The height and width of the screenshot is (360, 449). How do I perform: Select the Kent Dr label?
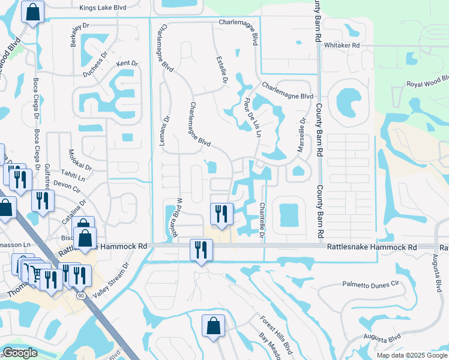[x=127, y=63]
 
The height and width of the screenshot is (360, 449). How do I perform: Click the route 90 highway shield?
[x=80, y=296]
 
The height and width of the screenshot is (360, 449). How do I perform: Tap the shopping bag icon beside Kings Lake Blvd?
[x=32, y=11]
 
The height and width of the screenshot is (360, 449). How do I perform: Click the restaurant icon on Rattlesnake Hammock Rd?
[x=200, y=249]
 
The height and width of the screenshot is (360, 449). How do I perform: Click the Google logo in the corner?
[x=20, y=353]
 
